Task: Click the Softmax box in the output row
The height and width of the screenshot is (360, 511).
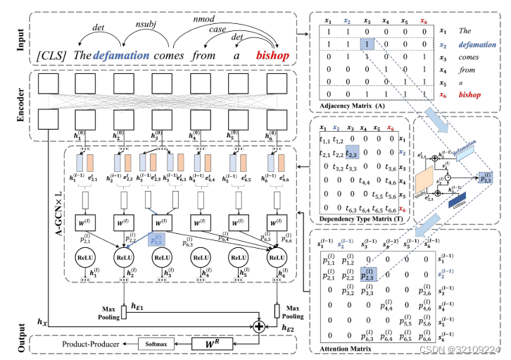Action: coord(158,343)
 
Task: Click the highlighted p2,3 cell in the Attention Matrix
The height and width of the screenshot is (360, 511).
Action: coord(367,276)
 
